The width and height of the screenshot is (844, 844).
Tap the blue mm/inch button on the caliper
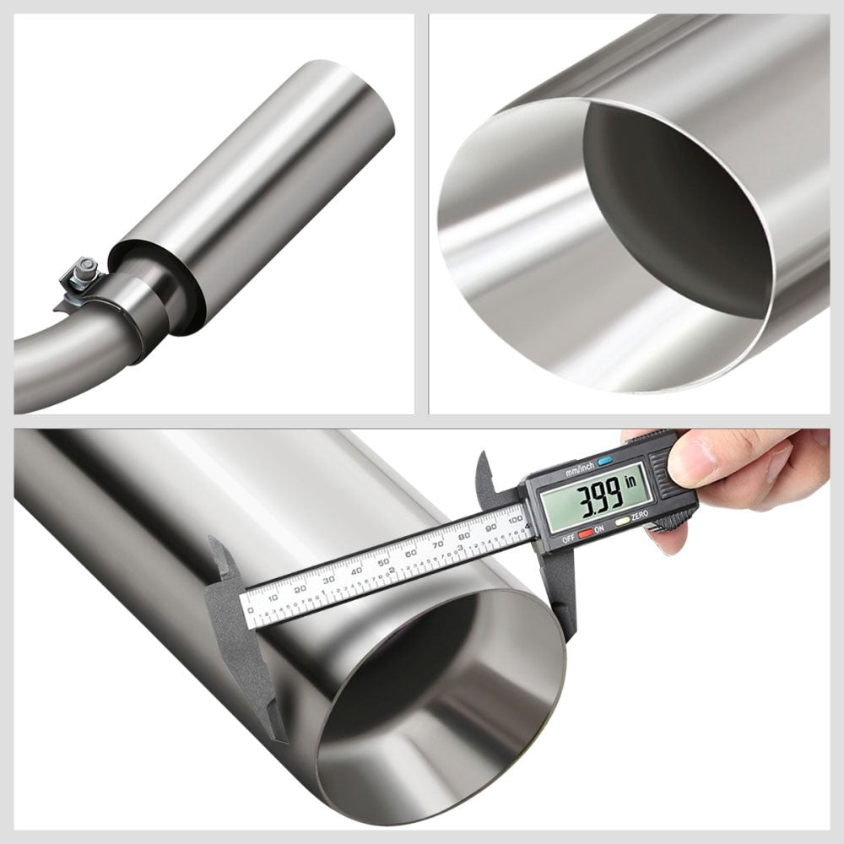point(604,462)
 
